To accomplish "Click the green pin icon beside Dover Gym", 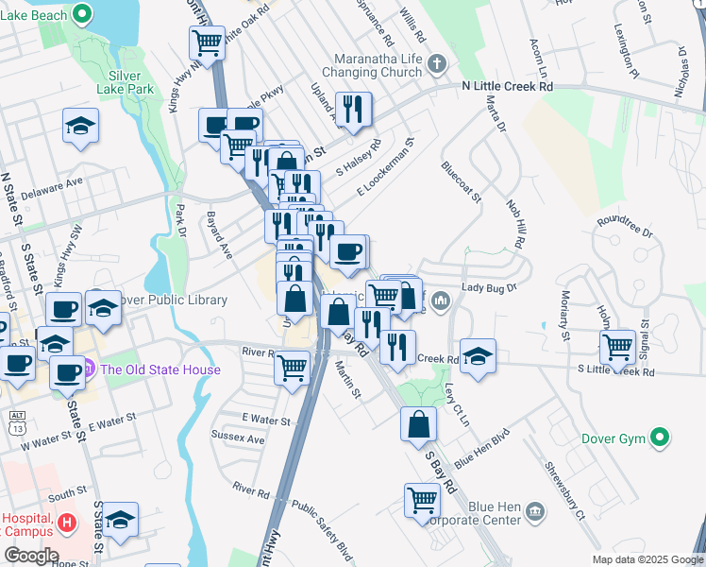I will pyautogui.click(x=662, y=438).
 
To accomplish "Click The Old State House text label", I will pyautogui.click(x=160, y=369).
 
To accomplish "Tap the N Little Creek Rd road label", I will pyautogui.click(x=520, y=86).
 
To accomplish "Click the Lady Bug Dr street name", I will pyautogui.click(x=490, y=287).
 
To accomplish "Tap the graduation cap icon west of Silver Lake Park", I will pyautogui.click(x=81, y=125).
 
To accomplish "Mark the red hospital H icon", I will pyautogui.click(x=66, y=523).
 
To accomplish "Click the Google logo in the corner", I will pyautogui.click(x=30, y=556).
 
